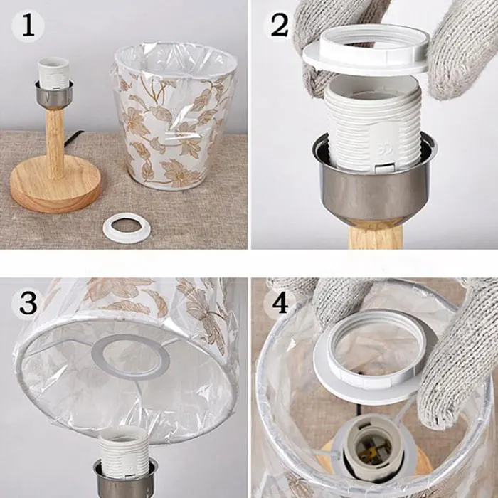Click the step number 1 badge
(x=28, y=26)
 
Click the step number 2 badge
(x=280, y=26)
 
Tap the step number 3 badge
(x=28, y=303)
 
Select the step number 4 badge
(x=280, y=304)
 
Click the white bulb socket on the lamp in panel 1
(x=53, y=73)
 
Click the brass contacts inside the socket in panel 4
(x=375, y=450)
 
